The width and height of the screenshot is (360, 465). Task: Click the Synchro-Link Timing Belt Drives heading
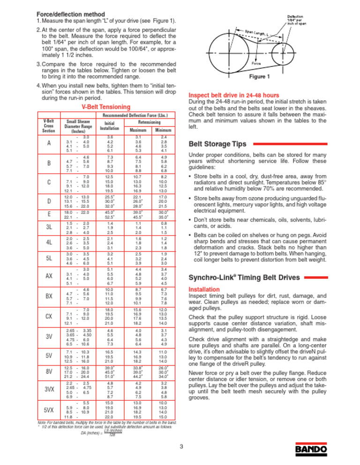(x=243, y=278)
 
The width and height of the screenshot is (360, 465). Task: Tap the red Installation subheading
(x=204, y=289)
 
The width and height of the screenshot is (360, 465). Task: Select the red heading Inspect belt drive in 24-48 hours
(x=233, y=94)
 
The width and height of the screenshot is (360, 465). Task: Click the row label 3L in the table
(x=49, y=227)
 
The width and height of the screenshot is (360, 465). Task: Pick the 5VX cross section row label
(x=49, y=410)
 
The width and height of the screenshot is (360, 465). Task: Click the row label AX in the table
(x=49, y=276)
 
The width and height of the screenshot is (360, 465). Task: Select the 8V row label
(x=49, y=371)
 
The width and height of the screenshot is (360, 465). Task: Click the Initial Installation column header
(x=110, y=125)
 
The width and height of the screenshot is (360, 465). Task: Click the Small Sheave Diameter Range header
(x=75, y=126)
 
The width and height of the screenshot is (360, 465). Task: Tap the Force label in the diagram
(x=256, y=61)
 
